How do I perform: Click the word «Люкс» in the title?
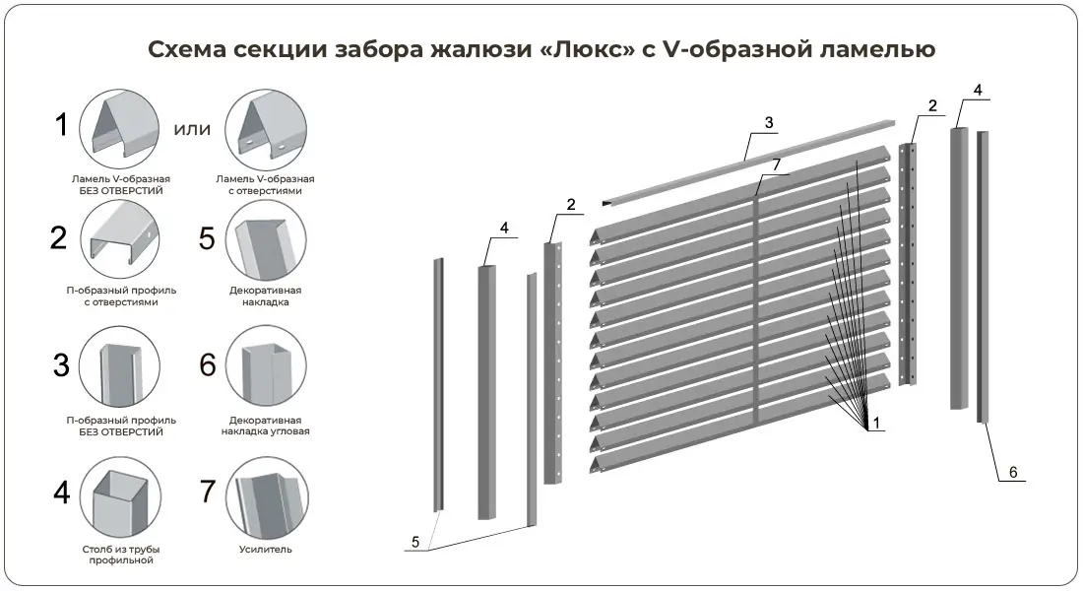tap(594, 49)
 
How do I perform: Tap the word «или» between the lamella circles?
tap(192, 129)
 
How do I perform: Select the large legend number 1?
tap(61, 125)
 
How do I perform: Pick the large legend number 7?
tap(208, 491)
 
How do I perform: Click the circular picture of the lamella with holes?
tap(265, 129)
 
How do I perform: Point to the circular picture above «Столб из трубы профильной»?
tap(120, 497)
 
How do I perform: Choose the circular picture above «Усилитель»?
tap(266, 497)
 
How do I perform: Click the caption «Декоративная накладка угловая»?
tap(265, 426)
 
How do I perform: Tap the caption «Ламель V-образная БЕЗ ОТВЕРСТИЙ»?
tap(121, 184)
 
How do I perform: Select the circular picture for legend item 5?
tap(266, 240)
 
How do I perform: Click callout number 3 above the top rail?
tap(770, 123)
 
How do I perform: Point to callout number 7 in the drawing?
tap(777, 164)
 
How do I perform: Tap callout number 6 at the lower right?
tap(1013, 472)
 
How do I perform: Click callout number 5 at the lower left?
tap(415, 542)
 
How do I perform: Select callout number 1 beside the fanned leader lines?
tap(876, 423)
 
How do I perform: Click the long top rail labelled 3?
tap(748, 164)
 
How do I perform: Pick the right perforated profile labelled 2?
tap(908, 264)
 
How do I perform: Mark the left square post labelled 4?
tap(487, 393)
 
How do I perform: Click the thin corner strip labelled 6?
tap(983, 277)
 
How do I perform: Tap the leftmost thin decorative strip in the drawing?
tap(438, 385)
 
